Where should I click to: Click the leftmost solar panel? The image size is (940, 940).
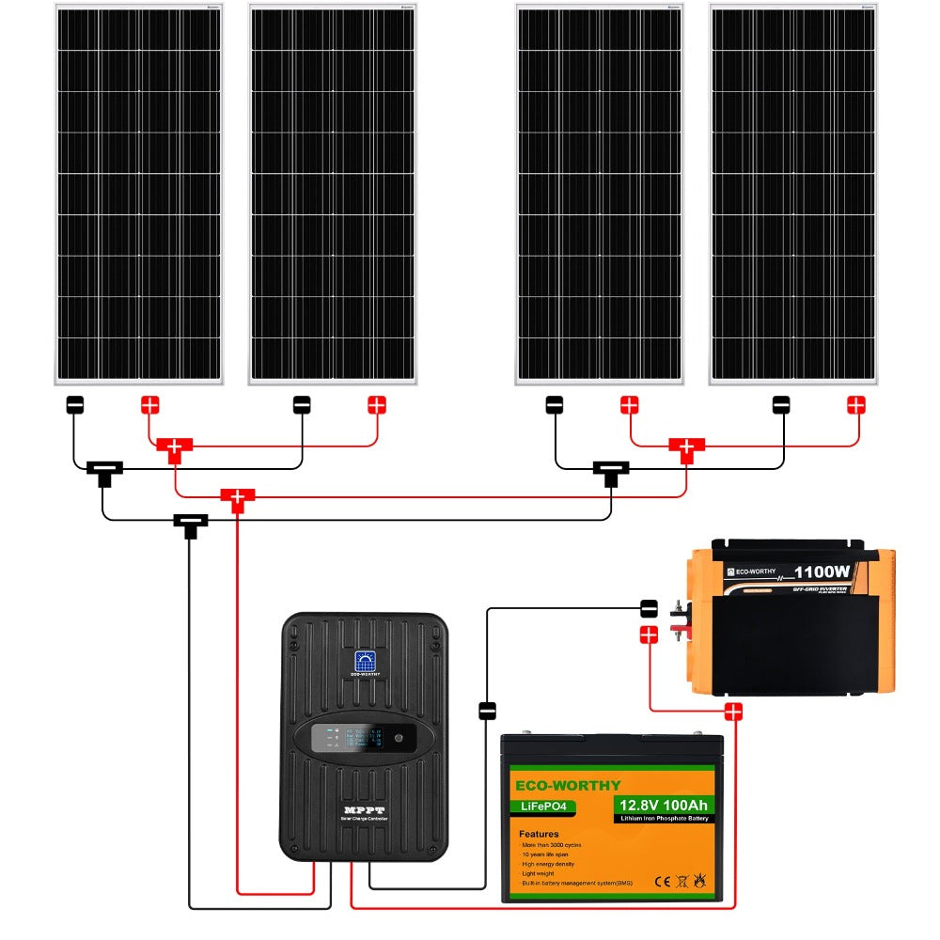(138, 195)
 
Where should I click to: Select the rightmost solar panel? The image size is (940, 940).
(793, 195)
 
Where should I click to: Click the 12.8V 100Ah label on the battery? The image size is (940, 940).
(663, 805)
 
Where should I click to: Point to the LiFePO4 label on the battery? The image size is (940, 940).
(542, 806)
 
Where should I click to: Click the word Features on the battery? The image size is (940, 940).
(538, 833)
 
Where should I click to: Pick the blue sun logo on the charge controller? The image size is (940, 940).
(364, 660)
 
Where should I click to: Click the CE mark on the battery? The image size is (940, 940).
(661, 881)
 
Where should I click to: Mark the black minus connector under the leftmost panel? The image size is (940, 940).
(75, 405)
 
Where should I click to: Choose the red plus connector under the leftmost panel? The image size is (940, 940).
(150, 405)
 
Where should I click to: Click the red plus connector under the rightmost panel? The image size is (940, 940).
(856, 405)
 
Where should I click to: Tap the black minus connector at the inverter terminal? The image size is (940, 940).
(648, 608)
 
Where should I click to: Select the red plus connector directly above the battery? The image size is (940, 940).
(733, 712)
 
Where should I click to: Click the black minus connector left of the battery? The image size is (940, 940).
(487, 711)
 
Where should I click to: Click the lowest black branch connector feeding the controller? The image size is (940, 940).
(190, 523)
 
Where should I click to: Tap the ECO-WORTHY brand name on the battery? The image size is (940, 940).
(567, 785)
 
